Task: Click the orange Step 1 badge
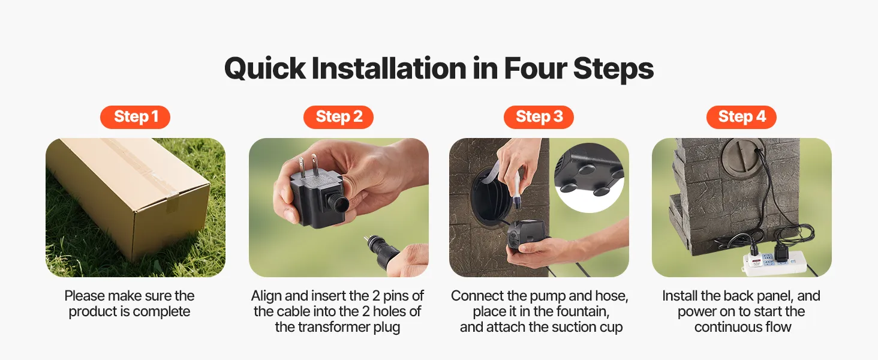[x=135, y=117]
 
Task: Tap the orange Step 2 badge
[x=338, y=117]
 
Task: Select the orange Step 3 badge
[x=539, y=117]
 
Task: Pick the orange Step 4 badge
[x=741, y=117]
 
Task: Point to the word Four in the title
[x=535, y=68]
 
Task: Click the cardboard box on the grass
[x=130, y=196]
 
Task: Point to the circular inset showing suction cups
[x=589, y=178]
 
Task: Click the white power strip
[x=774, y=263]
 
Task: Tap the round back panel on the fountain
[x=743, y=156]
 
